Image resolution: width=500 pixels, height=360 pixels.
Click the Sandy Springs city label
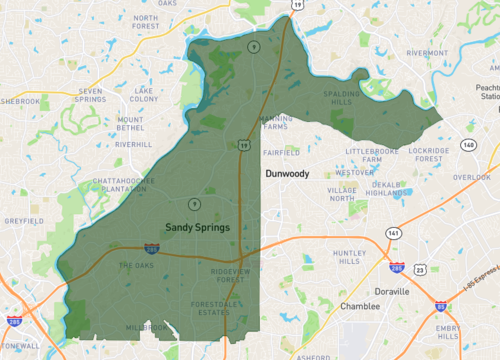(197, 227)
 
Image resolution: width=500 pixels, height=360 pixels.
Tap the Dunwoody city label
(287, 173)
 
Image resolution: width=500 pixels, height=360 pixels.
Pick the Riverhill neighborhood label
(133, 144)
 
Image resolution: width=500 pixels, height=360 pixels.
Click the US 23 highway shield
(420, 269)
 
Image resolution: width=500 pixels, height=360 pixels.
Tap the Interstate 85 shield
(440, 306)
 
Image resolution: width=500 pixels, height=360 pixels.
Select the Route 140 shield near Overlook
(468, 145)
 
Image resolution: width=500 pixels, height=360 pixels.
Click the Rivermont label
(427, 53)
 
